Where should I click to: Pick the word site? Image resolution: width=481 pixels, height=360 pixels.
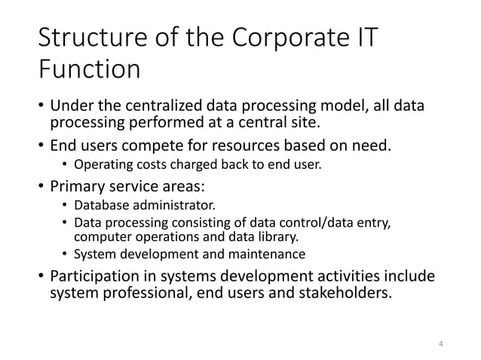click(x=312, y=121)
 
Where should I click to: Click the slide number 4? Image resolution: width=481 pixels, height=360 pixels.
click(x=440, y=344)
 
